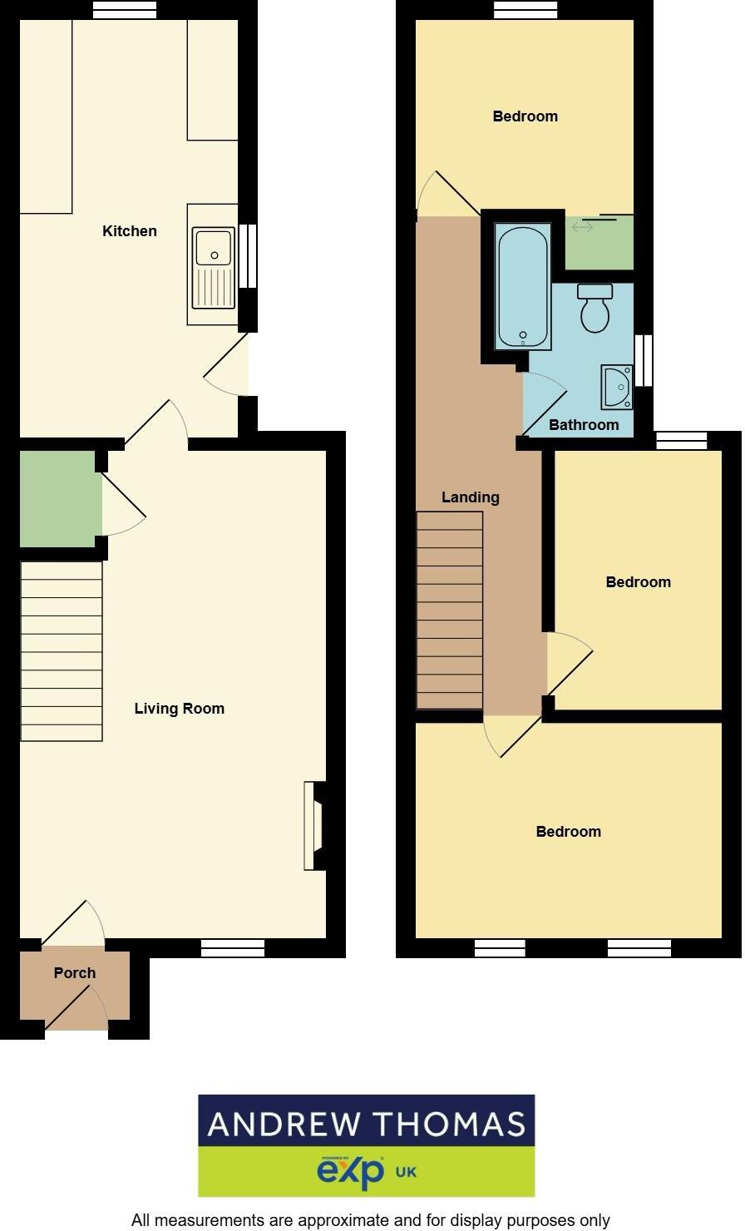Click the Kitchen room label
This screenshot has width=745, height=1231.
point(129,231)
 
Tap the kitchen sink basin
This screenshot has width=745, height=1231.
point(214,247)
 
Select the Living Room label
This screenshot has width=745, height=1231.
point(179,709)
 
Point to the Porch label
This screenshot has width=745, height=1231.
point(75,973)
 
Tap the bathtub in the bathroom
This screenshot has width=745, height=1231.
point(523,286)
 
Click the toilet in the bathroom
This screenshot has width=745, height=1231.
point(595,309)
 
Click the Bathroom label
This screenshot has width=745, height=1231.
point(584,425)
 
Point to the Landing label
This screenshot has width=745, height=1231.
point(471,497)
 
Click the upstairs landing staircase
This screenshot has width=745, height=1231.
point(449,611)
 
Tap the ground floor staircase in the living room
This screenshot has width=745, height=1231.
point(62,651)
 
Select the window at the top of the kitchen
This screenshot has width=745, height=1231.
point(125,10)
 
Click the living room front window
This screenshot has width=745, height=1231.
point(233,948)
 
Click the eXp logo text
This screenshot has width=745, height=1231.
point(351,1172)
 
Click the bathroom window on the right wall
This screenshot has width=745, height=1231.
point(644,360)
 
